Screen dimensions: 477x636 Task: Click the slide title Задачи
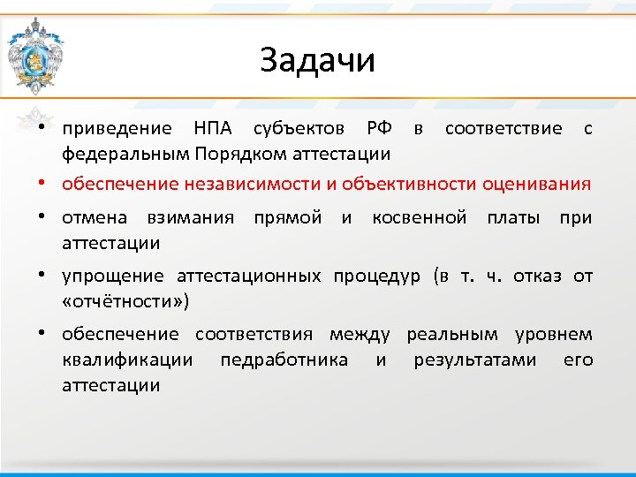(x=318, y=61)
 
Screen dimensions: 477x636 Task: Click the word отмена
(x=95, y=217)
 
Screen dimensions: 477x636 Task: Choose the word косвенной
(x=419, y=217)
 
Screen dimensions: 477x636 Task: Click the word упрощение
(x=112, y=276)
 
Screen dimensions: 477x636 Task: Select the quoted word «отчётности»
(x=125, y=301)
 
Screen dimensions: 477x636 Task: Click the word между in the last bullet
(x=360, y=335)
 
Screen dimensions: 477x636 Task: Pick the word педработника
(x=284, y=360)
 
